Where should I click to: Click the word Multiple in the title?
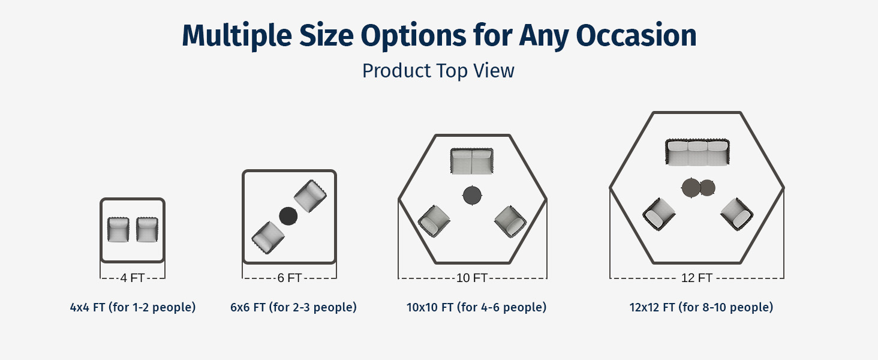pos(237,36)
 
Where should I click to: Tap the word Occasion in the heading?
pos(636,35)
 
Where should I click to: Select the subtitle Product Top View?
pos(438,71)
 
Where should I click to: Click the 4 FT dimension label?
pos(133,278)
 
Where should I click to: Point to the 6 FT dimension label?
pos(289,278)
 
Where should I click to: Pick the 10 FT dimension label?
pos(471,278)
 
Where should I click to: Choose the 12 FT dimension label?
pos(696,278)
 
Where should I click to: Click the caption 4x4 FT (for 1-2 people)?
pos(133,307)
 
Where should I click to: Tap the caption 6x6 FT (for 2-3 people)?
pos(294,307)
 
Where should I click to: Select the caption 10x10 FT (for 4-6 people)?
pos(476,307)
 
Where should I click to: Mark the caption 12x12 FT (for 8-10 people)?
pos(701,307)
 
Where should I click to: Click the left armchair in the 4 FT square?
pos(118,229)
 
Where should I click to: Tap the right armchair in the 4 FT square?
pos(148,229)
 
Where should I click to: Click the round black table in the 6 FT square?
pos(288,216)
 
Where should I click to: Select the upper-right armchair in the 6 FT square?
pos(311,196)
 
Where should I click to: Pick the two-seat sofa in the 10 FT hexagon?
pos(472,161)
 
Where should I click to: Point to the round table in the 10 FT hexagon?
pos(473,195)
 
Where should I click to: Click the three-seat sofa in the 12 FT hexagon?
pos(697,152)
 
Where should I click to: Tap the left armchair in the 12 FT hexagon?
pos(659,214)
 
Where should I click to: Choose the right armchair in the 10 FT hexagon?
pos(510,221)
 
